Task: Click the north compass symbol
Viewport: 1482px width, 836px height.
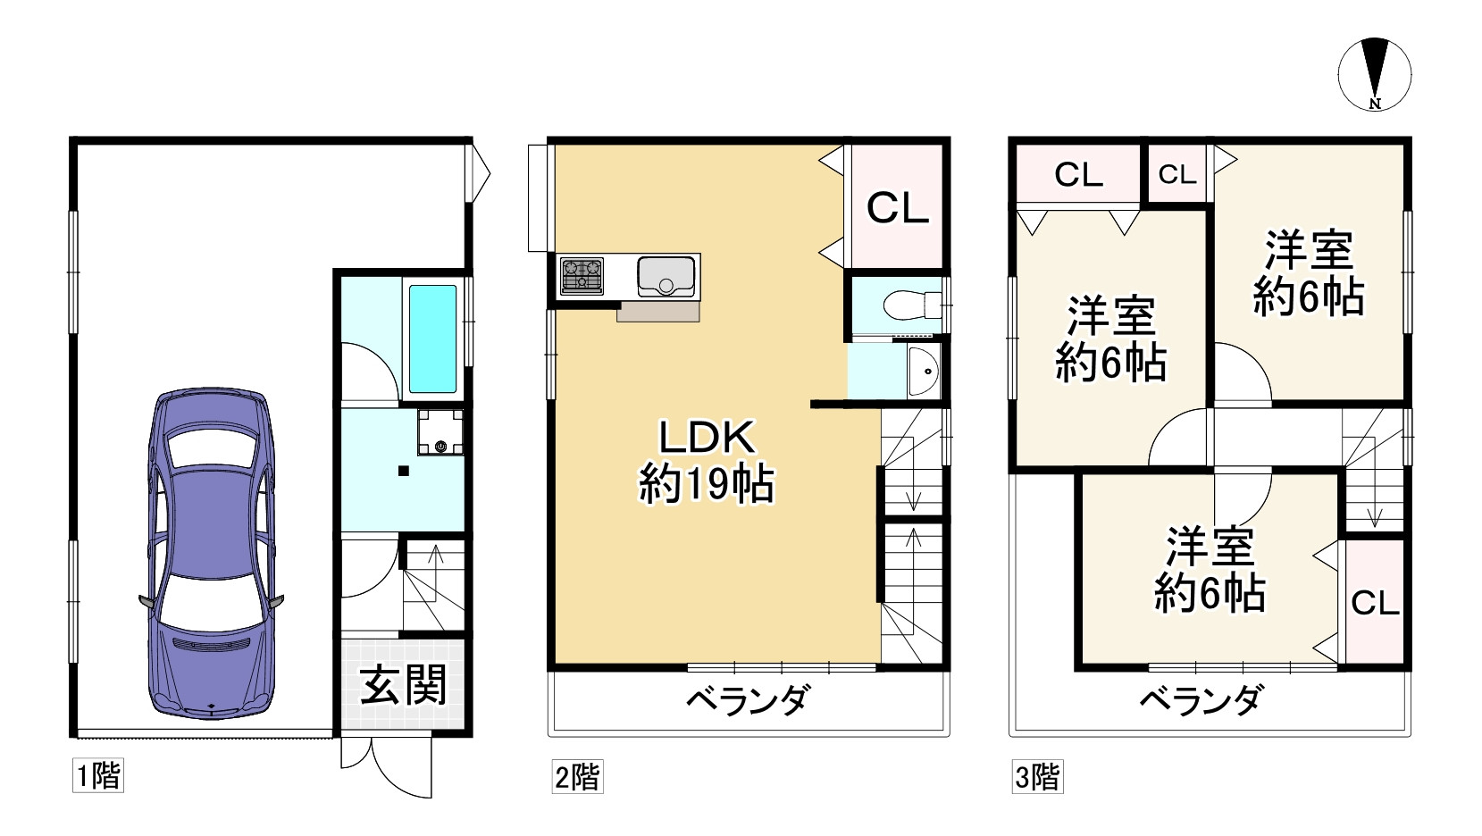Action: tap(1375, 75)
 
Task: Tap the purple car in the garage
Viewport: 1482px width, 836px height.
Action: tap(211, 553)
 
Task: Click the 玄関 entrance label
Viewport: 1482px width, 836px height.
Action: tap(404, 687)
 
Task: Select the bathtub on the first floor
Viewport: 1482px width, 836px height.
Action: tap(433, 339)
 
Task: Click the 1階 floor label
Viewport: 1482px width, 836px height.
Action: tap(97, 774)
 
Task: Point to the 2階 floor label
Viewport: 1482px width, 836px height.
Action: tap(577, 775)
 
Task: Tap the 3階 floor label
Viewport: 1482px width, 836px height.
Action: tap(1037, 775)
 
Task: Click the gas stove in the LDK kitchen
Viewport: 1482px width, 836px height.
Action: tap(582, 275)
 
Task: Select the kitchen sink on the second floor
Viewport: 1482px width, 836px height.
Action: tap(666, 276)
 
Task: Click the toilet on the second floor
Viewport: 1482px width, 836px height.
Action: tap(908, 305)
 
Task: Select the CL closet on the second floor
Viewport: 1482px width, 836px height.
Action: tap(898, 207)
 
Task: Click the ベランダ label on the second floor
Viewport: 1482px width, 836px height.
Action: tap(747, 699)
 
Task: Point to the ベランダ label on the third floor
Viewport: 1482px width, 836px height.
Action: tap(1201, 699)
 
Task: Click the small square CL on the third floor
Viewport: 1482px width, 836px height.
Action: tap(1176, 174)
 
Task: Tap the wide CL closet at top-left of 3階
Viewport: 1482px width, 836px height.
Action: tap(1078, 175)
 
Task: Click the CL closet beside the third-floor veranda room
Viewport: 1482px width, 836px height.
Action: tap(1375, 603)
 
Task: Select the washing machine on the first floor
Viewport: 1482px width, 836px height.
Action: tap(440, 432)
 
